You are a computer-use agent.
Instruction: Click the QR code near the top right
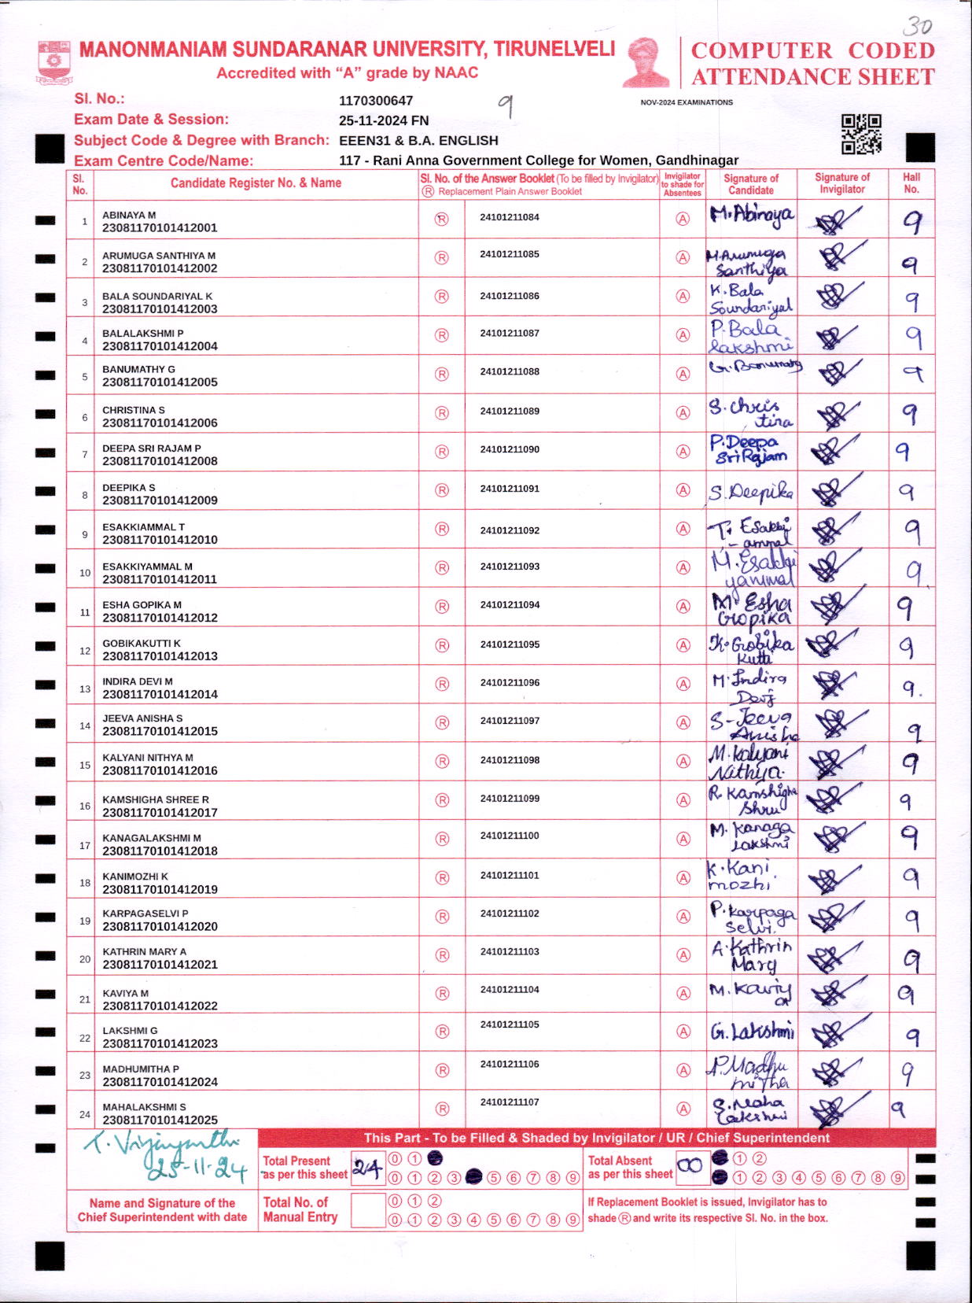coord(861,134)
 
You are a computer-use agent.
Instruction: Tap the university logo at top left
coord(54,62)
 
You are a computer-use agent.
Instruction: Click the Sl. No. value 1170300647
coord(376,101)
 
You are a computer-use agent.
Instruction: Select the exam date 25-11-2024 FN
coord(384,120)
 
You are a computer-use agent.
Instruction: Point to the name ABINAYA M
coord(129,215)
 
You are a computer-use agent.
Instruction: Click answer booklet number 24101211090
coord(510,449)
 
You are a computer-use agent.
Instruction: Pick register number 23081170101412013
coord(160,656)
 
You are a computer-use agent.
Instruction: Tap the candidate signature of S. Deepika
coord(751,493)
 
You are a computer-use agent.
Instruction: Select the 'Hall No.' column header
coord(911,183)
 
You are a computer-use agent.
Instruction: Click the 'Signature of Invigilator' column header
coord(842,183)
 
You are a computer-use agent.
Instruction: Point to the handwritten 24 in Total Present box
coord(367,1168)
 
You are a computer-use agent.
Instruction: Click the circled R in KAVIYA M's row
coord(442,994)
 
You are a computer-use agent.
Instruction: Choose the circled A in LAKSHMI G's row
coord(683,1032)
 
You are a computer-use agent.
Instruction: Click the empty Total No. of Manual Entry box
coord(367,1210)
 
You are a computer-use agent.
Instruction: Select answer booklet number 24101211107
coord(510,1102)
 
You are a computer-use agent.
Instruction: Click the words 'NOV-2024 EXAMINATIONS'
coord(687,102)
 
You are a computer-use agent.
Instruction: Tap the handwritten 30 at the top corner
coord(917,27)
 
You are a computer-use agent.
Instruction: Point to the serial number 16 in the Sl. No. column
coord(85,806)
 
